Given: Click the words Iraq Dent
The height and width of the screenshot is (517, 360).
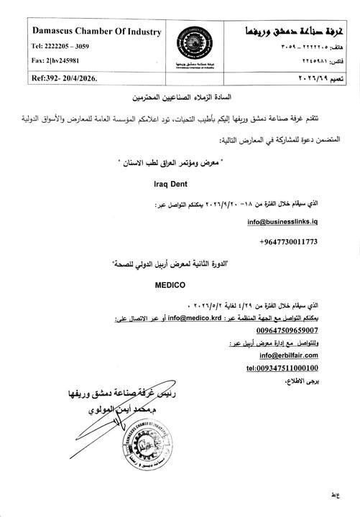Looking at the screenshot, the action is coord(172,184).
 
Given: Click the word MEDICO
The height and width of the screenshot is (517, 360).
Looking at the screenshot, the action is coord(170,285).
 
